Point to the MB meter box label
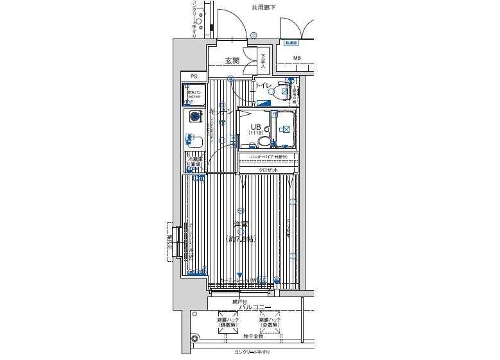click(297, 58)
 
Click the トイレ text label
click(264, 85)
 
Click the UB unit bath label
click(255, 126)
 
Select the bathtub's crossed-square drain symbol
click(285, 128)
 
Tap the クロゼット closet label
click(268, 170)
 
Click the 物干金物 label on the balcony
click(244, 336)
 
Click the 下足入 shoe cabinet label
click(263, 58)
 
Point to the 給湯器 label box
click(292, 43)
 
